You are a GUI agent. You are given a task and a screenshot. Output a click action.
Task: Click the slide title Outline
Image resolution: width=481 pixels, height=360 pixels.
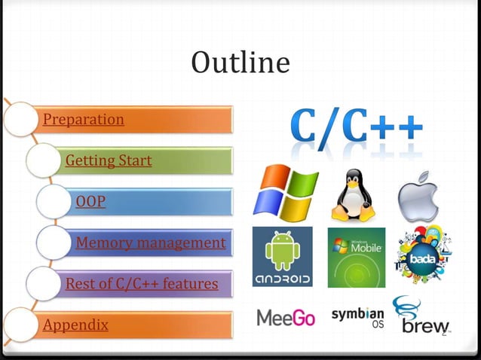click(x=240, y=63)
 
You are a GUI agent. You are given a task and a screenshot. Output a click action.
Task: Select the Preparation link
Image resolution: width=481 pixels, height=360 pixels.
click(x=84, y=120)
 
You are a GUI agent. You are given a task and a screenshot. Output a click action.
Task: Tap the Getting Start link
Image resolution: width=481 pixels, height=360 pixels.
click(x=109, y=160)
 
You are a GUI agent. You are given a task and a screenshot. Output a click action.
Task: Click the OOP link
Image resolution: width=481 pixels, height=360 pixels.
click(x=90, y=202)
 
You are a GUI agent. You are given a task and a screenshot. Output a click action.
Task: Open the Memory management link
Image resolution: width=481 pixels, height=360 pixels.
click(x=150, y=243)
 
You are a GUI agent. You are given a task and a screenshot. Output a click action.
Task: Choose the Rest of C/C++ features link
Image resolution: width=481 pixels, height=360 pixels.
click(x=142, y=284)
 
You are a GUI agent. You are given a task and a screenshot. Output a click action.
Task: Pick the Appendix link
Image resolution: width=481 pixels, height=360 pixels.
click(x=75, y=325)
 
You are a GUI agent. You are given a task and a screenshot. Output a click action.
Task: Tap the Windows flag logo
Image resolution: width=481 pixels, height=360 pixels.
click(x=284, y=194)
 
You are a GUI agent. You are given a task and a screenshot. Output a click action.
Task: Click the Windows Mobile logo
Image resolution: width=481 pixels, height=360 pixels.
click(x=356, y=257)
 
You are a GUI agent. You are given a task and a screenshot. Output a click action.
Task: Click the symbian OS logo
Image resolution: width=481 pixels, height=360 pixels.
click(x=358, y=317)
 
